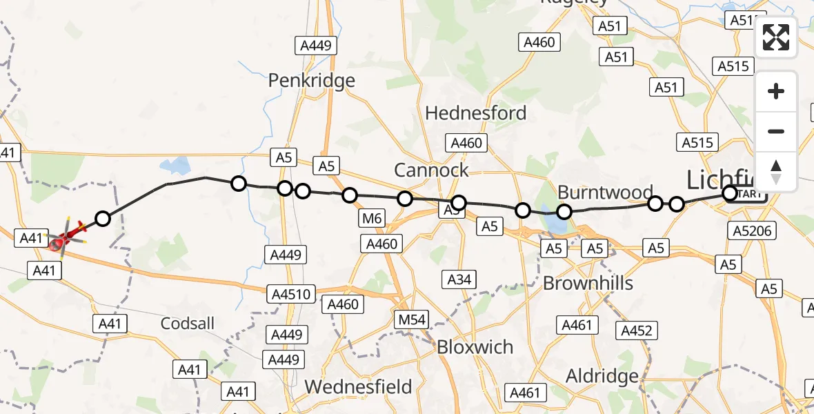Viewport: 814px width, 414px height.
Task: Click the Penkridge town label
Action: (x=311, y=81)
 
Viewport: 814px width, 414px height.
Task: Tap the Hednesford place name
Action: (x=476, y=113)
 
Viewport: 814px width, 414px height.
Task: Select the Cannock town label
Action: (x=431, y=170)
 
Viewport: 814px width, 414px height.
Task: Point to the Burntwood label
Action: (x=605, y=192)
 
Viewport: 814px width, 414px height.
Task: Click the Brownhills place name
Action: (x=588, y=282)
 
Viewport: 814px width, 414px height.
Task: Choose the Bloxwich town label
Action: (x=475, y=347)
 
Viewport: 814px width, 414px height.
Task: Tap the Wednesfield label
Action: (x=358, y=387)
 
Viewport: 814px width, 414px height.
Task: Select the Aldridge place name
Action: (x=602, y=376)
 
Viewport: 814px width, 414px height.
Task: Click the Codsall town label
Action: (x=188, y=323)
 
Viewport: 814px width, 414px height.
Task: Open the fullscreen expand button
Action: (x=776, y=37)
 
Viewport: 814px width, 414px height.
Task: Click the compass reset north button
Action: (x=776, y=172)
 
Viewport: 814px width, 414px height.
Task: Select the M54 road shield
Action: (x=412, y=319)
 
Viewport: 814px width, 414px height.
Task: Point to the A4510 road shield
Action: (x=292, y=295)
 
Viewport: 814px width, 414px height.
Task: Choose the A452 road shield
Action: (x=635, y=331)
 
